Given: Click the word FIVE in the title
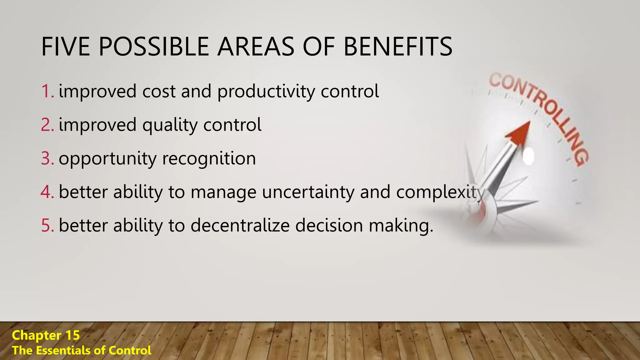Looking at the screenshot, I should (x=66, y=47).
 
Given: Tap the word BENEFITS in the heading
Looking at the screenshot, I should (x=397, y=47).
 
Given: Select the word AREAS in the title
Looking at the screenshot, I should (x=256, y=47).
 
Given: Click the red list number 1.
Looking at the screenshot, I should (x=47, y=91).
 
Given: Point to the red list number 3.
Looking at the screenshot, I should (x=47, y=158).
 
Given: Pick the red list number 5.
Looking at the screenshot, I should (x=47, y=225).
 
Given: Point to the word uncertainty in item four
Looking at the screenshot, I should (x=308, y=192).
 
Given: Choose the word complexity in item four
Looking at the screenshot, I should (x=440, y=192).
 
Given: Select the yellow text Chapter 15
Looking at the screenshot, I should (x=46, y=335).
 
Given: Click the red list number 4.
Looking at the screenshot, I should (x=47, y=192).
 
